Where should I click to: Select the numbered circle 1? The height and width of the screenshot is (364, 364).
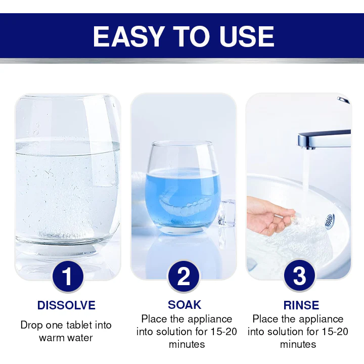[x=68, y=276]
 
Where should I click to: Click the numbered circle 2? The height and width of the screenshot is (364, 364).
[x=184, y=276]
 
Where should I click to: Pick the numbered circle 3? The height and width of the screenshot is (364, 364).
[x=299, y=276]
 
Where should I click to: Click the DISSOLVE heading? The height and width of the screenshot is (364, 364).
[x=66, y=305]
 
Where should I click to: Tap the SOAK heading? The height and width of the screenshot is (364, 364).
[x=185, y=305]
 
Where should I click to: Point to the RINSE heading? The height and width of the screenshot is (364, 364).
[x=301, y=305]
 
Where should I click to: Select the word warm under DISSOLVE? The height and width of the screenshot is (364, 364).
[x=50, y=338]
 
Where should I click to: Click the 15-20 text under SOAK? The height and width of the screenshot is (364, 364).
[x=224, y=332]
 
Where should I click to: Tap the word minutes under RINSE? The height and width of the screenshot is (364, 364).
[x=298, y=344]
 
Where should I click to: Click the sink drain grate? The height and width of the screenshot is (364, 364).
[x=330, y=221]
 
